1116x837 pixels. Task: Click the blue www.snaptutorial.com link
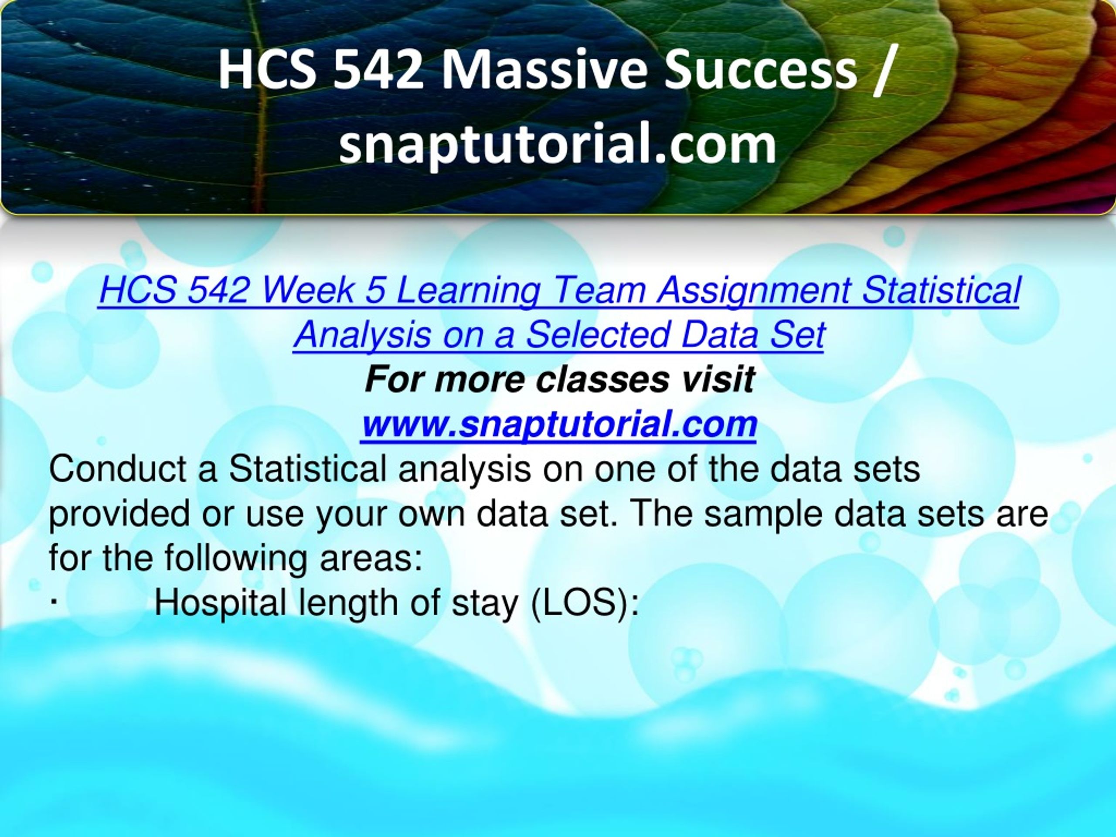point(558,424)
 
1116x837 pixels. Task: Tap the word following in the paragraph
point(235,559)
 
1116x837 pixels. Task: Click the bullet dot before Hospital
point(54,602)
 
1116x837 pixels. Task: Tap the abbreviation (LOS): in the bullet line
point(585,603)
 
